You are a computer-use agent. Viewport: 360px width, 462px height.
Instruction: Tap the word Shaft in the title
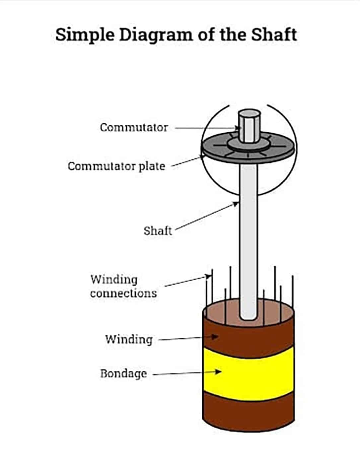point(274,34)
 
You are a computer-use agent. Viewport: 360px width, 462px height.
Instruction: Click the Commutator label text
point(134,127)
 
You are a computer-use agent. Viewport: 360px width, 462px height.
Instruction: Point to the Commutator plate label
point(116,166)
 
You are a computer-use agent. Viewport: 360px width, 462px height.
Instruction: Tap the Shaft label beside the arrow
point(158,231)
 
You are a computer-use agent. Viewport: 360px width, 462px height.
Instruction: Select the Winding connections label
point(123,286)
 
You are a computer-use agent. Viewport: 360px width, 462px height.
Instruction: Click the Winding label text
point(129,339)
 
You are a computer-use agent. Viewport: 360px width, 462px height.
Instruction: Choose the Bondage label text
point(123,373)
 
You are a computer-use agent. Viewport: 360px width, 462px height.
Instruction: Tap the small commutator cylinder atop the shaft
point(248,126)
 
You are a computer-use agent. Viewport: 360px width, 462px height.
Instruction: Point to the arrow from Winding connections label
point(188,281)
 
